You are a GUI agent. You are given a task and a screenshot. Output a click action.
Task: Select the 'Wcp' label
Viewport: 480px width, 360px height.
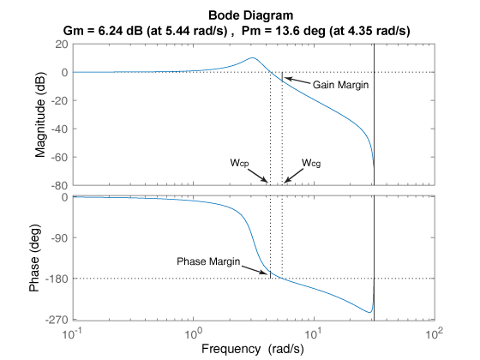click(239, 162)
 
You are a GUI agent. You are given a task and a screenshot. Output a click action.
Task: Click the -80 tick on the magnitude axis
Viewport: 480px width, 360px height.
click(58, 185)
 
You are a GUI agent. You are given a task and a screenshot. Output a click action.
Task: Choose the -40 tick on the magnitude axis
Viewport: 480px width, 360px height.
click(58, 129)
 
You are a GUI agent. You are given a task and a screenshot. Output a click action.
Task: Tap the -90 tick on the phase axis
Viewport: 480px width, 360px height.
click(58, 237)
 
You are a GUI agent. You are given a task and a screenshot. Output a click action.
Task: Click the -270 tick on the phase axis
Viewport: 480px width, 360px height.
click(57, 319)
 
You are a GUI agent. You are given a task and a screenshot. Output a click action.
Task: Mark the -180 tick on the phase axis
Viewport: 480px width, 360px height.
click(57, 278)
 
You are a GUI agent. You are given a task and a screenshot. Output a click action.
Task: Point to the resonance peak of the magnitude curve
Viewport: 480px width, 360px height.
click(252, 58)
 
